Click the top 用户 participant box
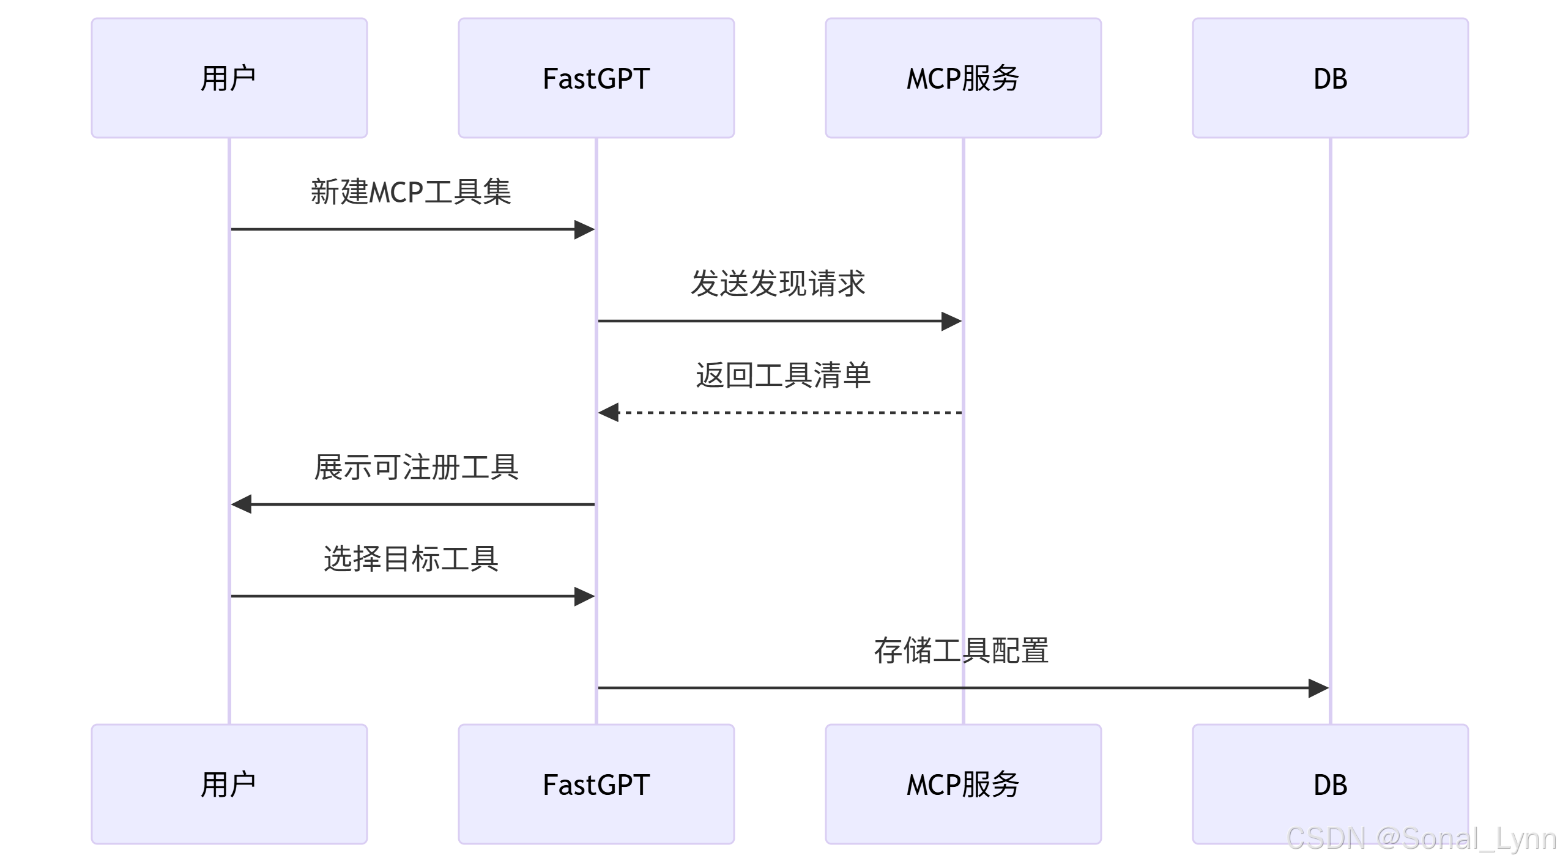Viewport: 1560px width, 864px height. tap(229, 78)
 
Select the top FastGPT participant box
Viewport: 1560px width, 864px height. tap(596, 78)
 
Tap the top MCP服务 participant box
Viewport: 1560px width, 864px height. tap(963, 78)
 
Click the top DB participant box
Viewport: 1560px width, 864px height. tap(1330, 78)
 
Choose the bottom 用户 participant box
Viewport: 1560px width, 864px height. tap(229, 784)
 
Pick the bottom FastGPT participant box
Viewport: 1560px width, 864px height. tap(596, 784)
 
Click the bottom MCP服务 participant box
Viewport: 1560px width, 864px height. tap(963, 784)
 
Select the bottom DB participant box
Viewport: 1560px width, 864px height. tap(1330, 784)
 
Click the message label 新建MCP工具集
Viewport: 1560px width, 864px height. tap(410, 192)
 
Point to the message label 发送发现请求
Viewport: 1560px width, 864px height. tap(778, 284)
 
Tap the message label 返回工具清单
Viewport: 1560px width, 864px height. tap(782, 375)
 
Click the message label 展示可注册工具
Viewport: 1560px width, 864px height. tap(416, 467)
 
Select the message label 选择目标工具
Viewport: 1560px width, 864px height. tap(410, 559)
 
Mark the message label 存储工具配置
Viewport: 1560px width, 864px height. tap(961, 651)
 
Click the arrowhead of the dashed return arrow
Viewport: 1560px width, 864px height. tap(609, 413)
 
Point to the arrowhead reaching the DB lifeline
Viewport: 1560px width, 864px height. tap(1318, 688)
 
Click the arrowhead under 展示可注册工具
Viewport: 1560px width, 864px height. tap(242, 504)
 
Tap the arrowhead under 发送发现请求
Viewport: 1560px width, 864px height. tap(951, 321)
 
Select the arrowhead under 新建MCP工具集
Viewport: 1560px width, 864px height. tap(584, 230)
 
